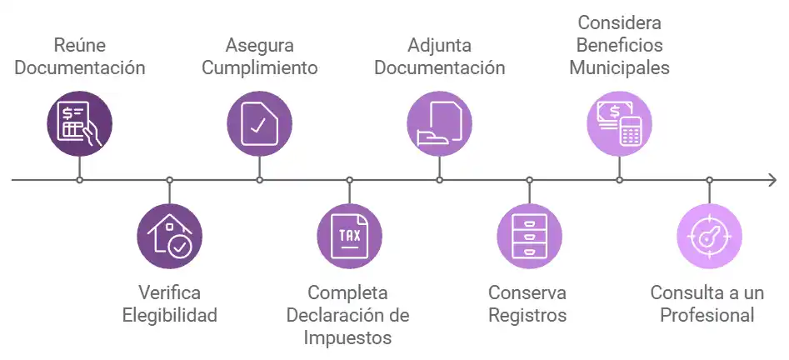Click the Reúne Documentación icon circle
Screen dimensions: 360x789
pos(79,124)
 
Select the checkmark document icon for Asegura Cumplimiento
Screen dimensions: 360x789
pos(259,124)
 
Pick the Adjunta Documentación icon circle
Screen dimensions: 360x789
pos(439,124)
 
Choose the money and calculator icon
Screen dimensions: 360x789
pos(619,124)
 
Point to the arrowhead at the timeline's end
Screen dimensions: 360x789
pos(772,180)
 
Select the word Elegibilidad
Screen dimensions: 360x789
pos(170,315)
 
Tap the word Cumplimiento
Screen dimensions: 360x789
pos(260,67)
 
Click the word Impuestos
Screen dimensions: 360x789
pos(348,337)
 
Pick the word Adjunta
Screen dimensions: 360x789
pos(439,45)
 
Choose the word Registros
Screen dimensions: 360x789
pos(527,315)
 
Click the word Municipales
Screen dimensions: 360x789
pos(619,67)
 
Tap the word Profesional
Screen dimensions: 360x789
pos(707,315)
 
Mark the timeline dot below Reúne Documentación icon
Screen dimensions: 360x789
pos(79,180)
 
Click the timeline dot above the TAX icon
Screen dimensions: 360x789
pos(349,180)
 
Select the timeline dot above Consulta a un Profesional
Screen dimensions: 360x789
pos(709,180)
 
